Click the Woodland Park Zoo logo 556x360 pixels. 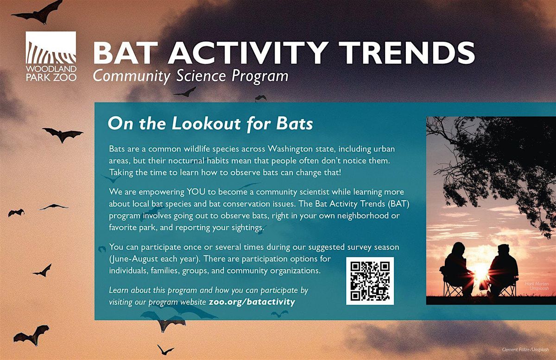[51, 57]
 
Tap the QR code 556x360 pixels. [370, 281]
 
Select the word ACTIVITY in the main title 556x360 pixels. [246, 53]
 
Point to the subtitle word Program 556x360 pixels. [260, 76]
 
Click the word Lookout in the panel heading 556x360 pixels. [207, 123]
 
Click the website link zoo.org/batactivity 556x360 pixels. [252, 302]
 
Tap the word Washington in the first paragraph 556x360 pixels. [290, 149]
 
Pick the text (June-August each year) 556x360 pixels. [156, 259]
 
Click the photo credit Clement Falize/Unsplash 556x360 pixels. [525, 349]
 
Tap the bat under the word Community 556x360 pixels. [185, 92]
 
